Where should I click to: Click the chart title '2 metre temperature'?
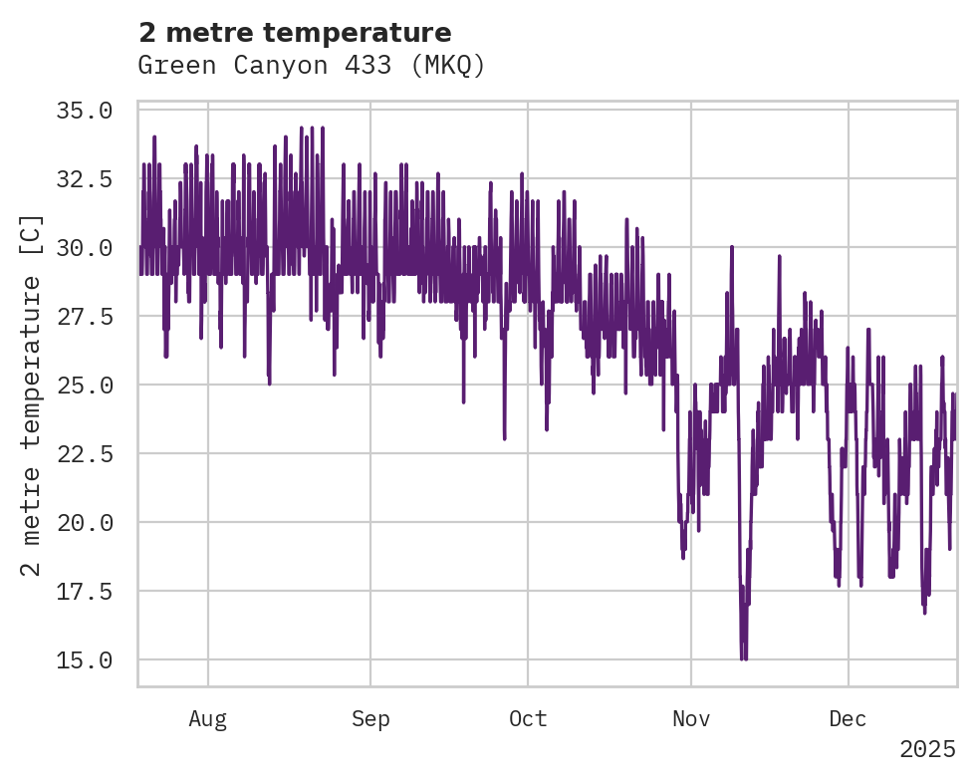click(295, 32)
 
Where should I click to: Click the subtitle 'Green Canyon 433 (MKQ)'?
click(312, 66)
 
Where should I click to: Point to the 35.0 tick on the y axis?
click(83, 110)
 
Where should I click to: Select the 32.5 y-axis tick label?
click(83, 178)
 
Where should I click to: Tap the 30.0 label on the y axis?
click(83, 247)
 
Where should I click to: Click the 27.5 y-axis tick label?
click(83, 316)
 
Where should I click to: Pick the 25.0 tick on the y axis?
click(83, 385)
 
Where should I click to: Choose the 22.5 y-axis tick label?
click(83, 453)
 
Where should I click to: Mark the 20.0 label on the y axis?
click(83, 522)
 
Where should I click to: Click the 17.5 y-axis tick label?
click(83, 591)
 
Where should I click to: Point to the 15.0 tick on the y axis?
click(83, 659)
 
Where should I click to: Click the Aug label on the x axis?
click(208, 719)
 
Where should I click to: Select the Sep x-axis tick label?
click(370, 719)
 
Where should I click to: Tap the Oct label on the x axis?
click(528, 719)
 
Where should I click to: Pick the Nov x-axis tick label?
click(691, 719)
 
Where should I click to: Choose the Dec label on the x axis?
click(848, 719)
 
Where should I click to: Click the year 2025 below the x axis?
click(927, 749)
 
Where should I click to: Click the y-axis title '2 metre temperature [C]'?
click(31, 395)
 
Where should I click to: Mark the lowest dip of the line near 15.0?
click(743, 658)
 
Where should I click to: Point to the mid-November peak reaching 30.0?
click(732, 248)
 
